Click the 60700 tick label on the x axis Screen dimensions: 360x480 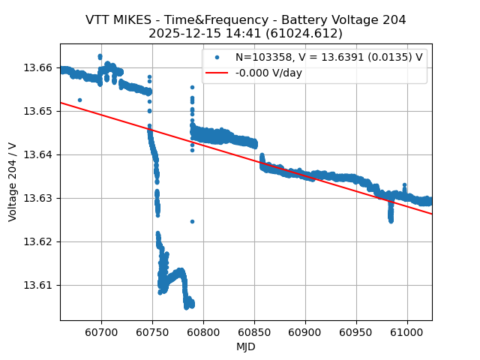pos(101,331)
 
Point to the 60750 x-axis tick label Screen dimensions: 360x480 pos(152,331)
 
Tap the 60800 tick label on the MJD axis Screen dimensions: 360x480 pos(203,331)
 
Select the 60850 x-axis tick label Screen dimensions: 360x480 pos(254,331)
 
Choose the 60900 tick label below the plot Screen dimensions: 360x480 pos(305,331)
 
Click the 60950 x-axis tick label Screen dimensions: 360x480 pos(356,331)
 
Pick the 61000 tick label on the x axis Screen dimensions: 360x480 pos(407,331)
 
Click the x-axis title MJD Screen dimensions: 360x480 pos(246,346)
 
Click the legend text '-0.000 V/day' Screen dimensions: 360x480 pos(268,73)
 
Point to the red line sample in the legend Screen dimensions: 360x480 pos(217,73)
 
